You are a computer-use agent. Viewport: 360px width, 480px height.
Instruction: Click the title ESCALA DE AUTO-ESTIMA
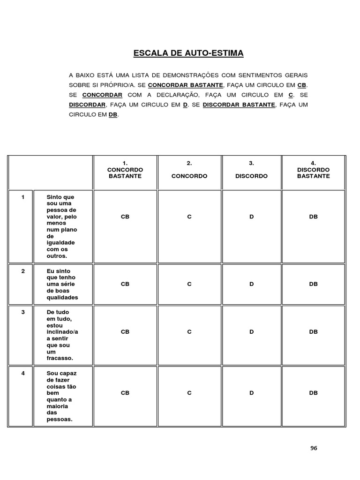(188, 53)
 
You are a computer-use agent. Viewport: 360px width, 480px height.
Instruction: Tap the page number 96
(314, 448)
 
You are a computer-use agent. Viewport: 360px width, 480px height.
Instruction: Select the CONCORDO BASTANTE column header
(125, 170)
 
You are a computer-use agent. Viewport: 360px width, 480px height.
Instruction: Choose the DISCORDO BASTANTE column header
(313, 170)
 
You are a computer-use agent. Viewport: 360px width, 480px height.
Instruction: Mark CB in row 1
(125, 217)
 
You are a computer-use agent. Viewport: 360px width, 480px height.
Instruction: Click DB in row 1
(313, 217)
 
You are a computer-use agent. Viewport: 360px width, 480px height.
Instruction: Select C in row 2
(189, 284)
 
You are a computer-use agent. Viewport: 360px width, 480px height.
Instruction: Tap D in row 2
(251, 284)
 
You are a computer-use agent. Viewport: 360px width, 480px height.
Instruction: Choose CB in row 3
(125, 332)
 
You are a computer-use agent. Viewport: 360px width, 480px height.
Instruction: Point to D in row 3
(251, 332)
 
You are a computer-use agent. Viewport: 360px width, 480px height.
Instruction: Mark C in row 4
(189, 393)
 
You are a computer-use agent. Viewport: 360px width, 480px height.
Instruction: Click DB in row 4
(313, 393)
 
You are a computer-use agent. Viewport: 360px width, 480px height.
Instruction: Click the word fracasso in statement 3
(60, 358)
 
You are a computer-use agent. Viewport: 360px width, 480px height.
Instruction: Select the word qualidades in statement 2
(62, 298)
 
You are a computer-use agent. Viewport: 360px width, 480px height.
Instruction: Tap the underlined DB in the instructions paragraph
(113, 114)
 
